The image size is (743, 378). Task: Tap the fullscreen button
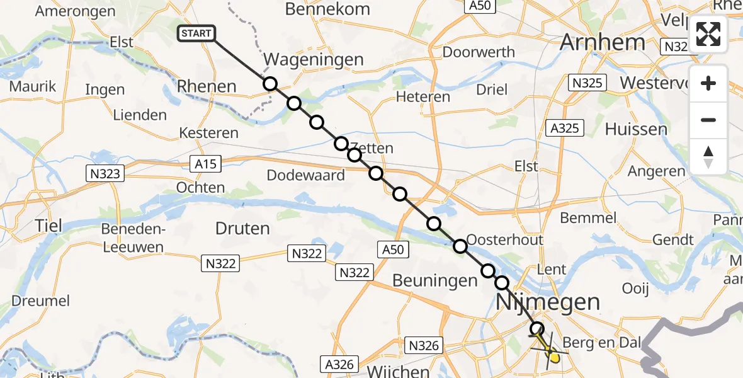[x=708, y=34]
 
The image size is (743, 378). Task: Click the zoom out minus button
[x=708, y=120]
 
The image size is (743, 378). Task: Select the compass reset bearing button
[x=708, y=156]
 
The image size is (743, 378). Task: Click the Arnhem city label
[x=602, y=42]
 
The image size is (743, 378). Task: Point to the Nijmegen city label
[x=548, y=302]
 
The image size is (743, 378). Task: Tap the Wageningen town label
[x=314, y=60]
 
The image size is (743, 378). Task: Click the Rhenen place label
[x=207, y=87]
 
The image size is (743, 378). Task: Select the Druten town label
[x=242, y=228]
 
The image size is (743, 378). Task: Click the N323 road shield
[x=105, y=173]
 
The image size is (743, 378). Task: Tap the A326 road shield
[x=340, y=364]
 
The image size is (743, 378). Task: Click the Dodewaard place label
[x=305, y=175]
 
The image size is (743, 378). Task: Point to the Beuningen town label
[x=434, y=281]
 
